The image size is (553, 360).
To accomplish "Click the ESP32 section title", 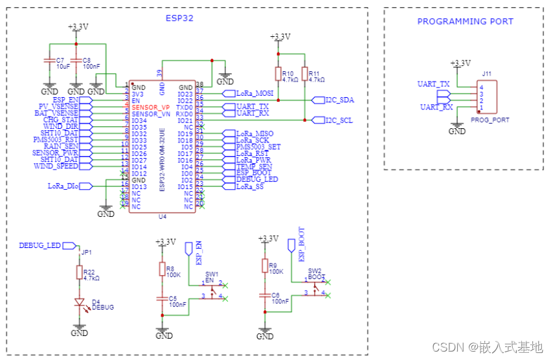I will [179, 17].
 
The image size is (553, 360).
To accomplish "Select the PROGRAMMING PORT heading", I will [465, 21].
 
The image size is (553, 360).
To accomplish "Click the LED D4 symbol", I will [80, 302].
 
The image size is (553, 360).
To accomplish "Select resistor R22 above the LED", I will [80, 273].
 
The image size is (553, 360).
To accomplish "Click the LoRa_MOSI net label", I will [255, 94].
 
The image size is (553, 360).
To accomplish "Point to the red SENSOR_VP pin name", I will [151, 106].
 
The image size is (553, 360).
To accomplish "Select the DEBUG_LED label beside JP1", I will [39, 246].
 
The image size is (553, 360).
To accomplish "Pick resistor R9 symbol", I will [265, 266].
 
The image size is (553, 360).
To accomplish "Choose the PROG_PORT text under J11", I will [490, 120].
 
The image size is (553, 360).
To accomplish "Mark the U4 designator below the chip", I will [163, 218].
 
